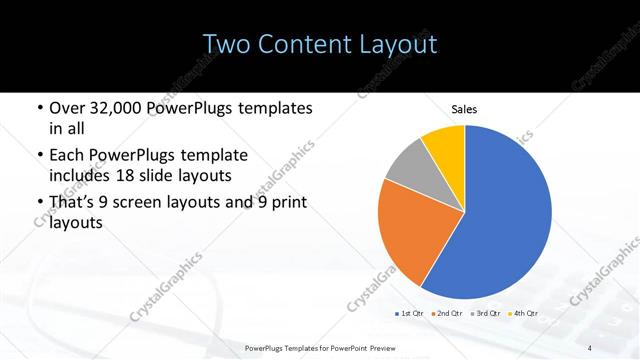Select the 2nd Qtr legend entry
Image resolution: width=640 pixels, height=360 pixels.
click(446, 314)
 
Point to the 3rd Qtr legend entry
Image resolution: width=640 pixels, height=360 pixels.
click(485, 314)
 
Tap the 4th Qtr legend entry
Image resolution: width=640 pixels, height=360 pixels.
click(523, 314)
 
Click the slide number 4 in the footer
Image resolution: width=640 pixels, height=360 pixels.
click(590, 347)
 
